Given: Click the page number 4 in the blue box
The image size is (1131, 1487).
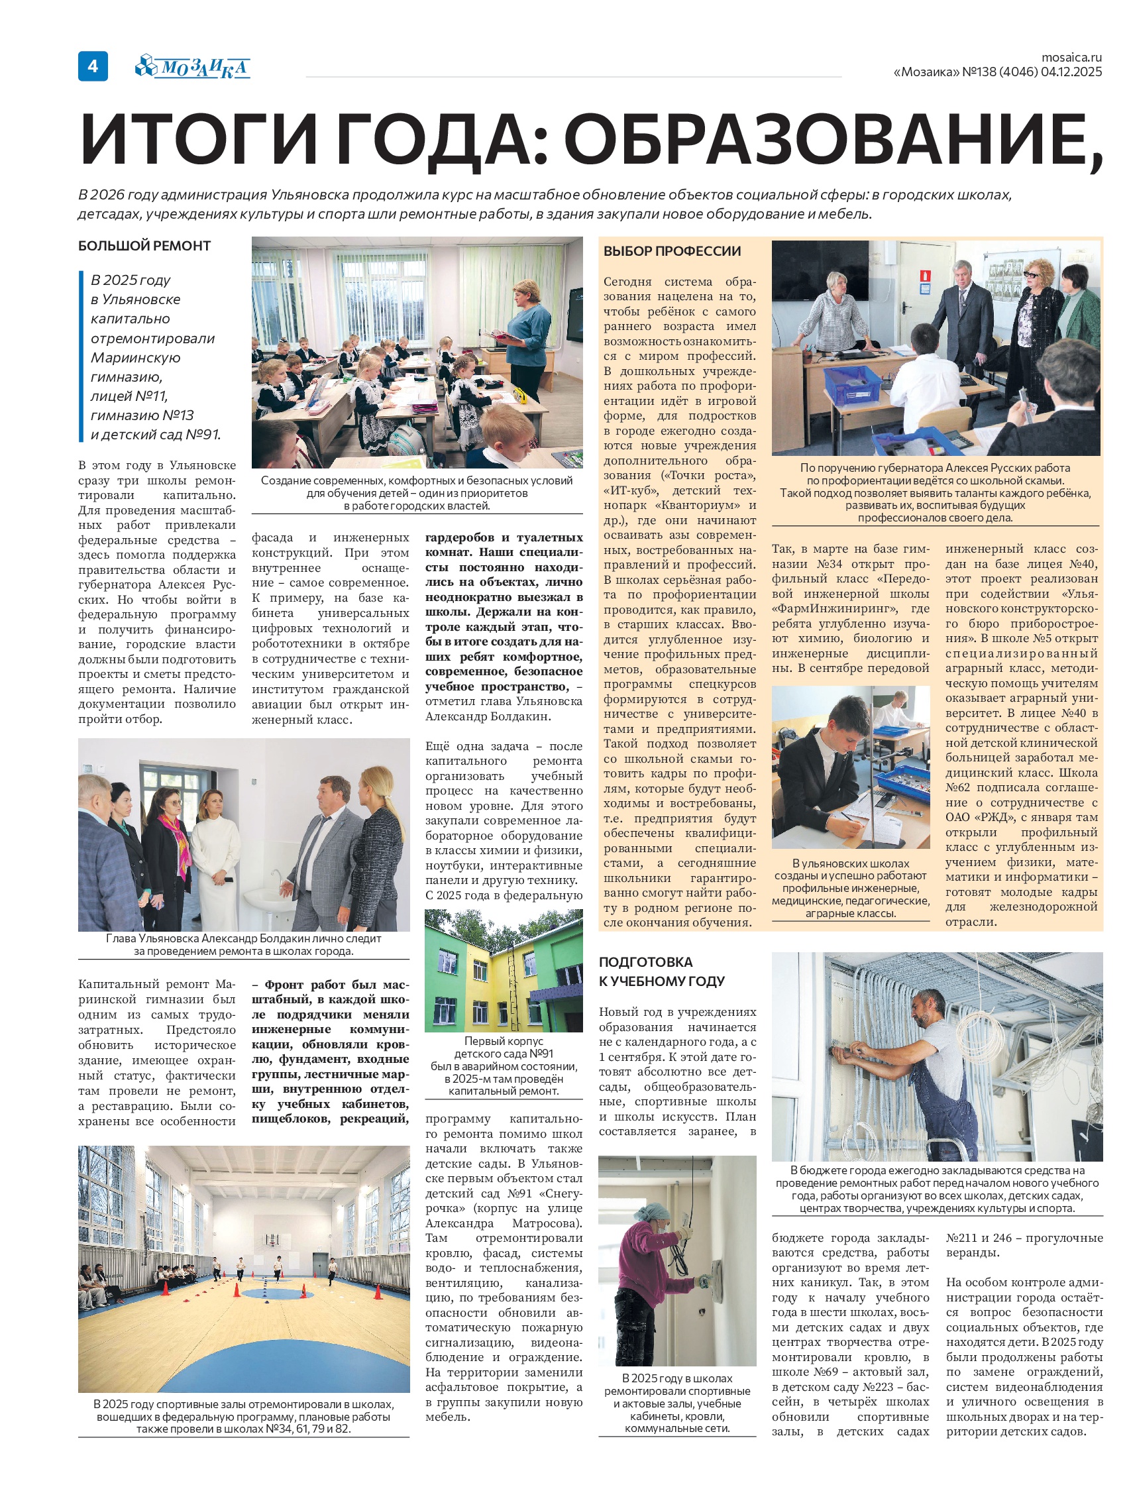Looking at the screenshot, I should (x=93, y=66).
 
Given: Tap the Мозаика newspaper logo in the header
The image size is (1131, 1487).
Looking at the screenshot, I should (x=193, y=68).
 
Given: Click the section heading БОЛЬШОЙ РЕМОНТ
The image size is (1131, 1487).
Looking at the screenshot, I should (x=144, y=246).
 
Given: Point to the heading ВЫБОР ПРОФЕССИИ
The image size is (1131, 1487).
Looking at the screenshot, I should (x=672, y=251).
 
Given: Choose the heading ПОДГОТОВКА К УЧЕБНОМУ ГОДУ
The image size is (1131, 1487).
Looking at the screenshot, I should (x=661, y=971).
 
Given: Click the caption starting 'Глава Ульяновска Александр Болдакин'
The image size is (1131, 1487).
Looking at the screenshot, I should (x=243, y=944).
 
